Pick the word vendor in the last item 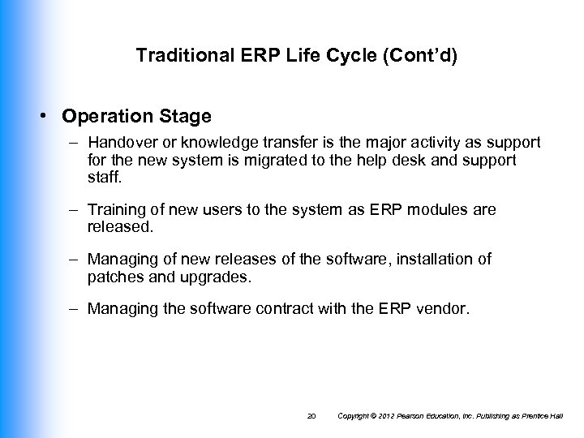tap(445, 309)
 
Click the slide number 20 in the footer tap(312, 416)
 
